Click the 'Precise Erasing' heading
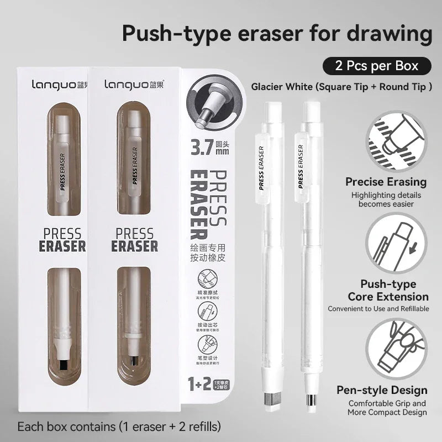(386, 182)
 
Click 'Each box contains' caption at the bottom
(119, 427)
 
